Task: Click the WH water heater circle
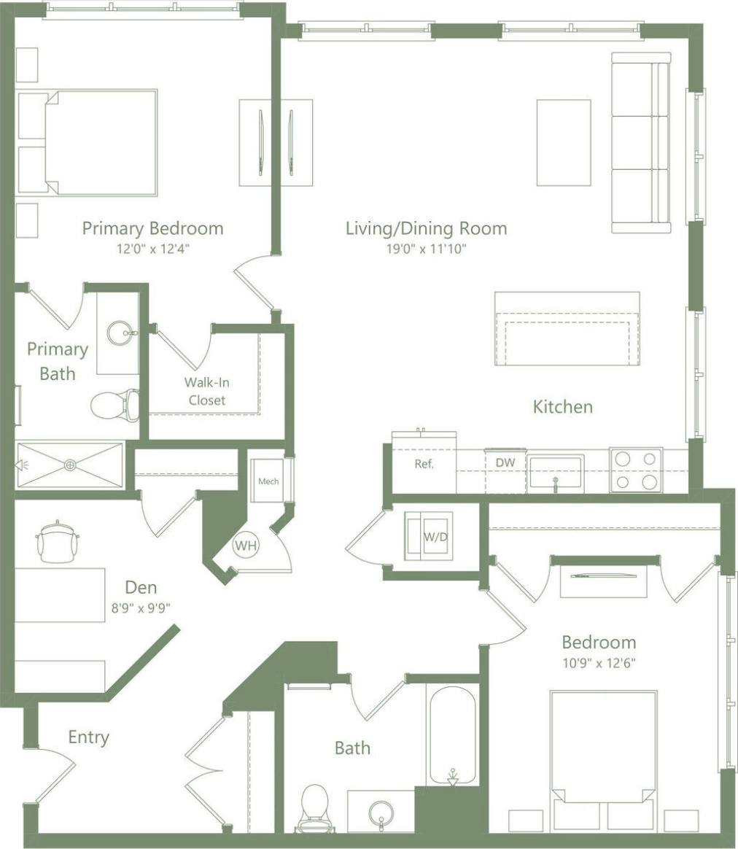(244, 545)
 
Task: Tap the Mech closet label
(268, 481)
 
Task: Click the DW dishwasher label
(505, 462)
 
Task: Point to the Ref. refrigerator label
(424, 464)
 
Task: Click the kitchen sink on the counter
(555, 472)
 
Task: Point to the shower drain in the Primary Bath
(70, 464)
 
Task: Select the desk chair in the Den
(56, 542)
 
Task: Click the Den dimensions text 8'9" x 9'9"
(141, 606)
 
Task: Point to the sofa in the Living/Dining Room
(641, 143)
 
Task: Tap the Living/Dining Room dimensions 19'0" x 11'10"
(426, 249)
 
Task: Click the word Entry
(88, 737)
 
